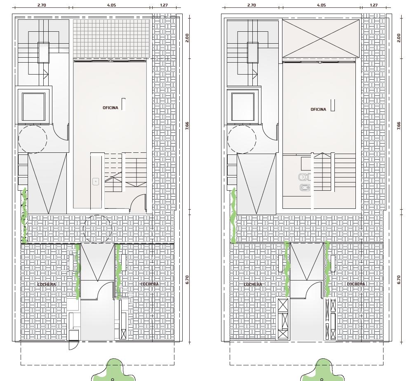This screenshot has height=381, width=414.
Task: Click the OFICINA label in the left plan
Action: (111, 108)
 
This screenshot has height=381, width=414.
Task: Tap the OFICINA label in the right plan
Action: (318, 110)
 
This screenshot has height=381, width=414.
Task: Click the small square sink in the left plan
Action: (96, 182)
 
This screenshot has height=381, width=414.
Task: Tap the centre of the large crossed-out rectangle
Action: (321, 38)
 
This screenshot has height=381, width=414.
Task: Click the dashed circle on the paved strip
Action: (97, 229)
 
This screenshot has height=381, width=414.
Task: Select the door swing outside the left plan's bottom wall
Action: (73, 346)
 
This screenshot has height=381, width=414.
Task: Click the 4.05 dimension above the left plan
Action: (111, 5)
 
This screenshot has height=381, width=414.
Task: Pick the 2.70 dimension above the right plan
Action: (252, 5)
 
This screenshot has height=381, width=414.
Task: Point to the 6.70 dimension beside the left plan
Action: (187, 280)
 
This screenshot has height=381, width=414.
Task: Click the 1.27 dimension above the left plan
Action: (164, 5)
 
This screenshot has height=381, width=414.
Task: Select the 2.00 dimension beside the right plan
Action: (399, 38)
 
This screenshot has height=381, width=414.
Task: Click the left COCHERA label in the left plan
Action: (47, 285)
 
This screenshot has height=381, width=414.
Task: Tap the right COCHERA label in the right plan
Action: (356, 284)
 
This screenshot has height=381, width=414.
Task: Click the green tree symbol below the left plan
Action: (113, 370)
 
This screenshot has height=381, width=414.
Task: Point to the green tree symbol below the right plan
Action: (322, 370)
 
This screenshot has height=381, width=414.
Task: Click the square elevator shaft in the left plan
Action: (33, 107)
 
